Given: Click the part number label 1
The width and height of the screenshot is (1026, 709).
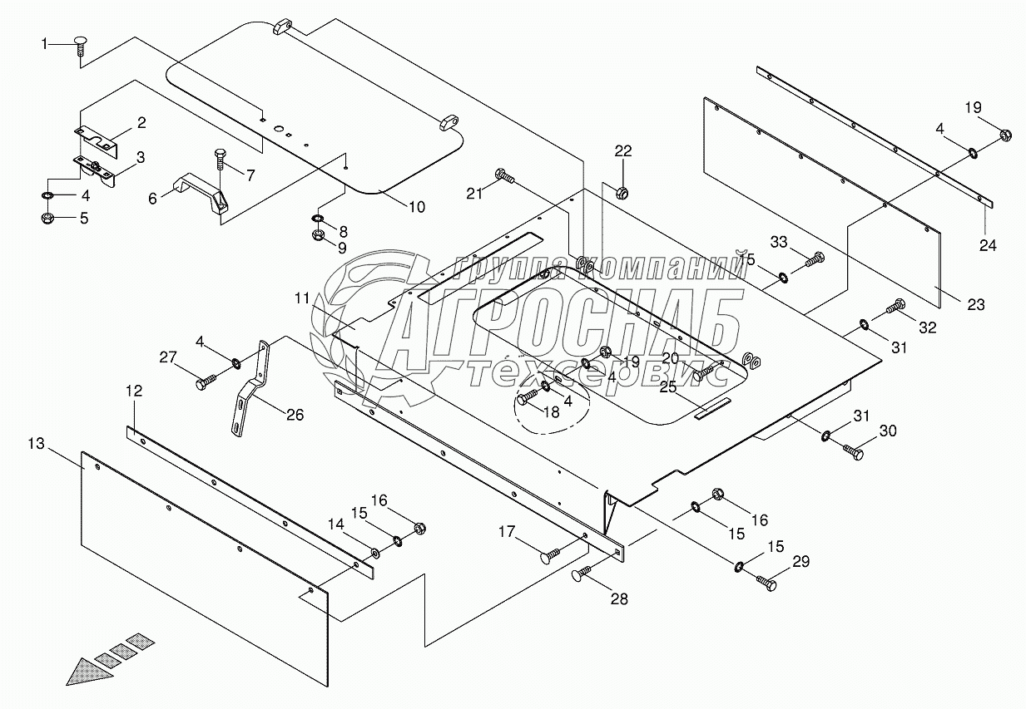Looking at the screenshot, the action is tap(46, 44).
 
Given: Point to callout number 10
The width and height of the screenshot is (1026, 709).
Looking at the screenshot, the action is tap(416, 206).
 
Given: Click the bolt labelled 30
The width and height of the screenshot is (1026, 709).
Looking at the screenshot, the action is tap(851, 451).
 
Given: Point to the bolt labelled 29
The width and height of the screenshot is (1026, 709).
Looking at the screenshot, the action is tap(766, 583).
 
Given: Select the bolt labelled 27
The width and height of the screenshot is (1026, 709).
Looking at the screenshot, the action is tap(206, 382).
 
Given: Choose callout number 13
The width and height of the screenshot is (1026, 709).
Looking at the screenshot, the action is tap(35, 446).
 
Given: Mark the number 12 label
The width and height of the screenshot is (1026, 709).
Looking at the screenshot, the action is tap(135, 390).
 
